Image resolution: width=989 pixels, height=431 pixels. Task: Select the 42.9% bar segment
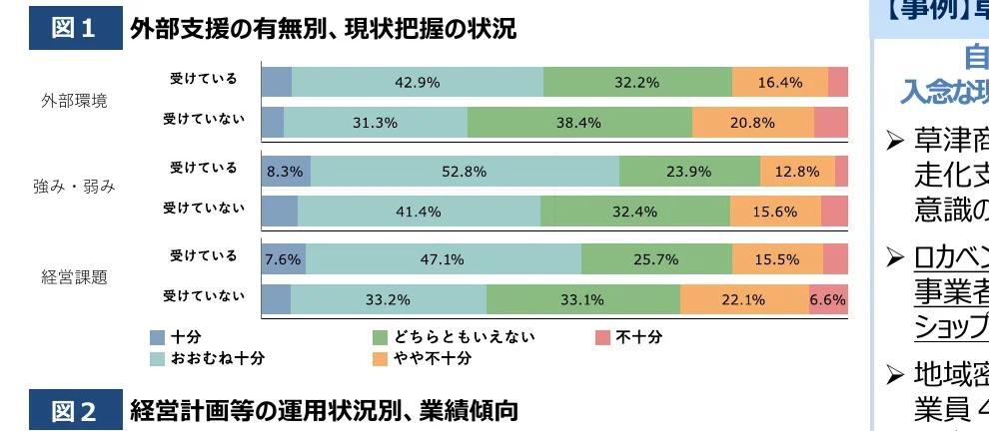pyautogui.click(x=417, y=82)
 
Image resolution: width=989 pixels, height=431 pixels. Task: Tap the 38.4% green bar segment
pyautogui.click(x=579, y=122)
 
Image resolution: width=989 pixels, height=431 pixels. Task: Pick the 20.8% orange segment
pyautogui.click(x=752, y=122)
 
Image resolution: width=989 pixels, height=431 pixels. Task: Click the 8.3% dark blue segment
pyautogui.click(x=285, y=171)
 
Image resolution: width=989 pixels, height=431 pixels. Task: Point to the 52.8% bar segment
pyautogui.click(x=464, y=171)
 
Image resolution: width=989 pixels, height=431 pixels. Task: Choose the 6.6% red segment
pyautogui.click(x=827, y=298)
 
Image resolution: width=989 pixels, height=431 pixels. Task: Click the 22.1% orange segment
pyautogui.click(x=743, y=298)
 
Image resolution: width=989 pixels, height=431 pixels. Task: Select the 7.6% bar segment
pyautogui.click(x=283, y=258)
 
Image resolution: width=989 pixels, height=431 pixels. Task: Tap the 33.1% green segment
pyautogui.click(x=582, y=298)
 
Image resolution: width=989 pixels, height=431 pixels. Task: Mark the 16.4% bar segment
pyautogui.click(x=779, y=82)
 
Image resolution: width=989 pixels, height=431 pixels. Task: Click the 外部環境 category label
pyautogui.click(x=74, y=101)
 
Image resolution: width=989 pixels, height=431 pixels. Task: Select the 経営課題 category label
pyautogui.click(x=74, y=276)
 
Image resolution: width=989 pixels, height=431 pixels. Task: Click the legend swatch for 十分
pyautogui.click(x=158, y=337)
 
